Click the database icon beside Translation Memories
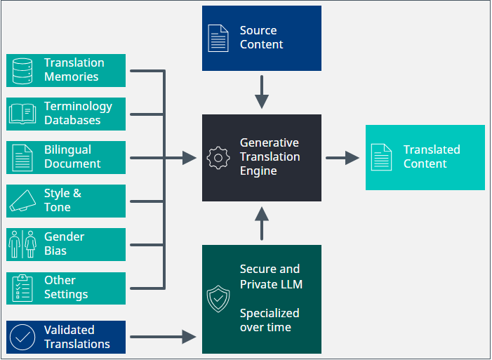(x=23, y=70)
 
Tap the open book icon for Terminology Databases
(x=22, y=114)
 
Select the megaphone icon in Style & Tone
(x=22, y=201)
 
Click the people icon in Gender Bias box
(x=22, y=244)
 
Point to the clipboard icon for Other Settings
(x=22, y=288)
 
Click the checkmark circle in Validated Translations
(x=22, y=337)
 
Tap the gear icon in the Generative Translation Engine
(x=218, y=158)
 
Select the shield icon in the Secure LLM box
(x=218, y=299)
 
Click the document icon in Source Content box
(x=218, y=38)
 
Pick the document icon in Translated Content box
(x=382, y=157)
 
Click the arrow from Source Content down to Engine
(x=262, y=91)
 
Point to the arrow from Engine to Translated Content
(x=343, y=158)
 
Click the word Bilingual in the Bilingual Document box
(x=67, y=149)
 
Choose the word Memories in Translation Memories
(x=72, y=76)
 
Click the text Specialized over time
(x=270, y=320)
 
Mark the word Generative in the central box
(x=269, y=142)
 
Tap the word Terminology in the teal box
(x=78, y=106)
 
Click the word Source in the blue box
(x=258, y=30)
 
